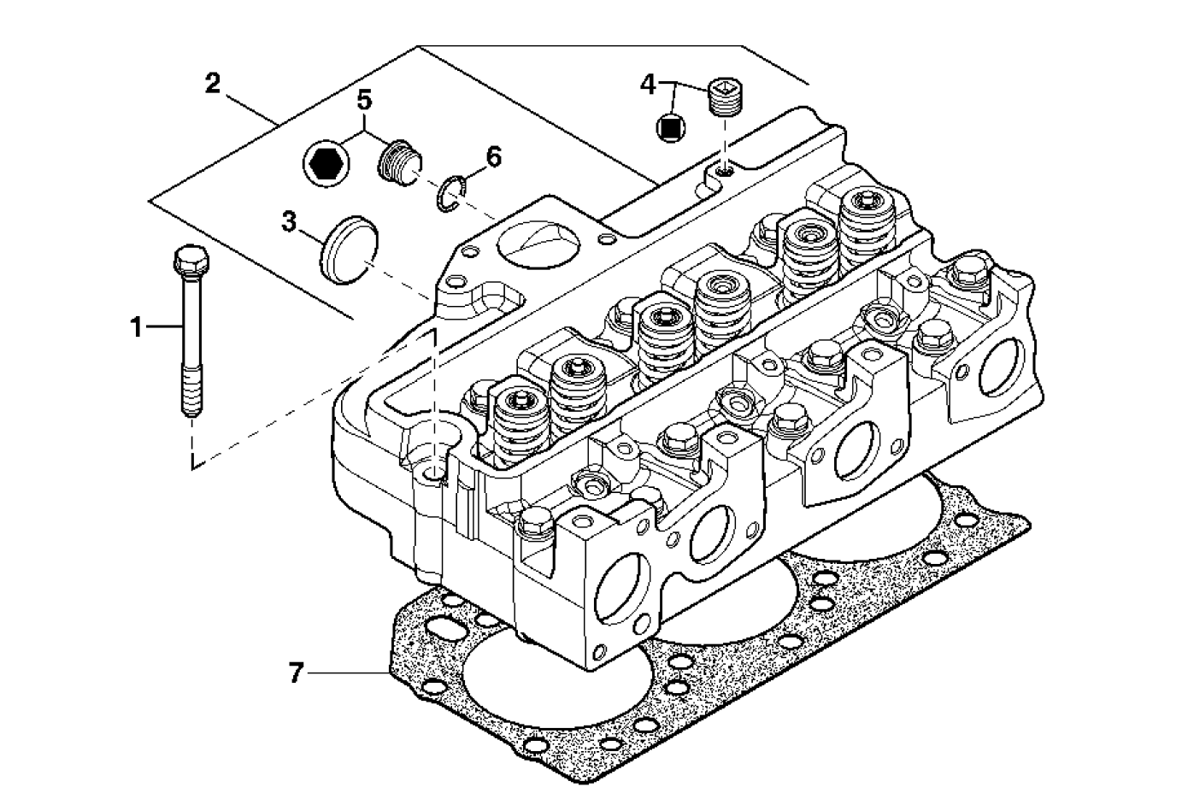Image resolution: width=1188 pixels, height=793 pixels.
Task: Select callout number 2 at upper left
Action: point(213,84)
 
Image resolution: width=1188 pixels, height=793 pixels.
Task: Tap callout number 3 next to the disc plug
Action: point(289,223)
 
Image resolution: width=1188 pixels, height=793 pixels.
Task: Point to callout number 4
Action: point(649,84)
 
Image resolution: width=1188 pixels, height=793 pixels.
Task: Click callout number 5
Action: point(364,100)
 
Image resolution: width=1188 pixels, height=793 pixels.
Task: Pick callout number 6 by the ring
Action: point(493,157)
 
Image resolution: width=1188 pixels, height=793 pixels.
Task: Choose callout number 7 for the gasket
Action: point(296,673)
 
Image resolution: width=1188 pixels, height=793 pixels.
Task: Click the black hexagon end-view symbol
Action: point(326,161)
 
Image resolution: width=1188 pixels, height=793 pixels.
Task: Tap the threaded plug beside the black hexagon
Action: point(397,160)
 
